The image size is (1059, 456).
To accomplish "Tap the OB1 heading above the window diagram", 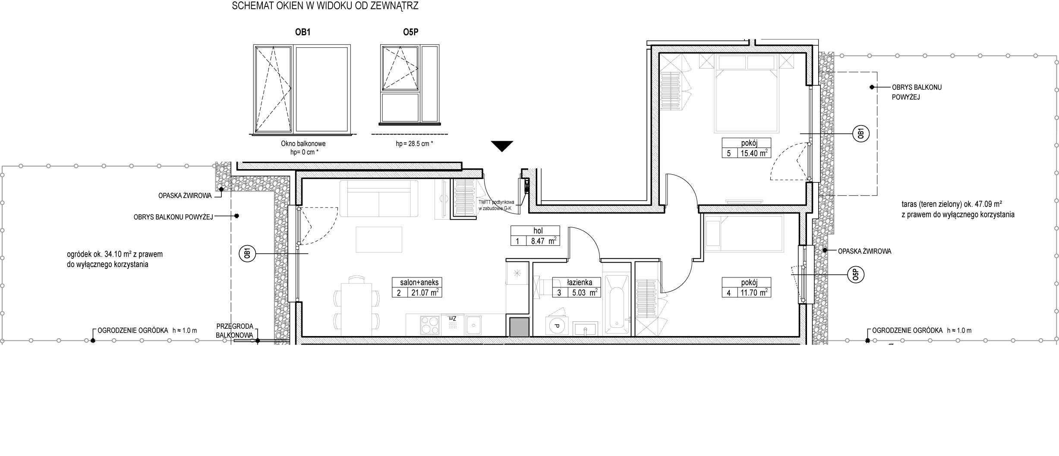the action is click(x=303, y=32).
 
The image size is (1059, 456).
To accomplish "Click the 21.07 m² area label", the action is click(x=422, y=292).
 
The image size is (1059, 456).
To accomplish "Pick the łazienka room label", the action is click(x=580, y=283).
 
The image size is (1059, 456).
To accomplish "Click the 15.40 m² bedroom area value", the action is click(x=753, y=153).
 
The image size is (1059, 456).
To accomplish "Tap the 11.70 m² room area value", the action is click(x=753, y=292).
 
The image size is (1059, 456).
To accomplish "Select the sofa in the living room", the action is click(x=379, y=198).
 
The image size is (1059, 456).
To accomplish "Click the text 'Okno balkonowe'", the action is click(x=303, y=144).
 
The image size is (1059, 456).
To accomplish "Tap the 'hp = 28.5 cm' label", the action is click(x=414, y=144).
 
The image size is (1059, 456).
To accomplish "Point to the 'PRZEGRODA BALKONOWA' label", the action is click(x=234, y=330).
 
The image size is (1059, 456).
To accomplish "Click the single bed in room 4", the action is click(x=744, y=233).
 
